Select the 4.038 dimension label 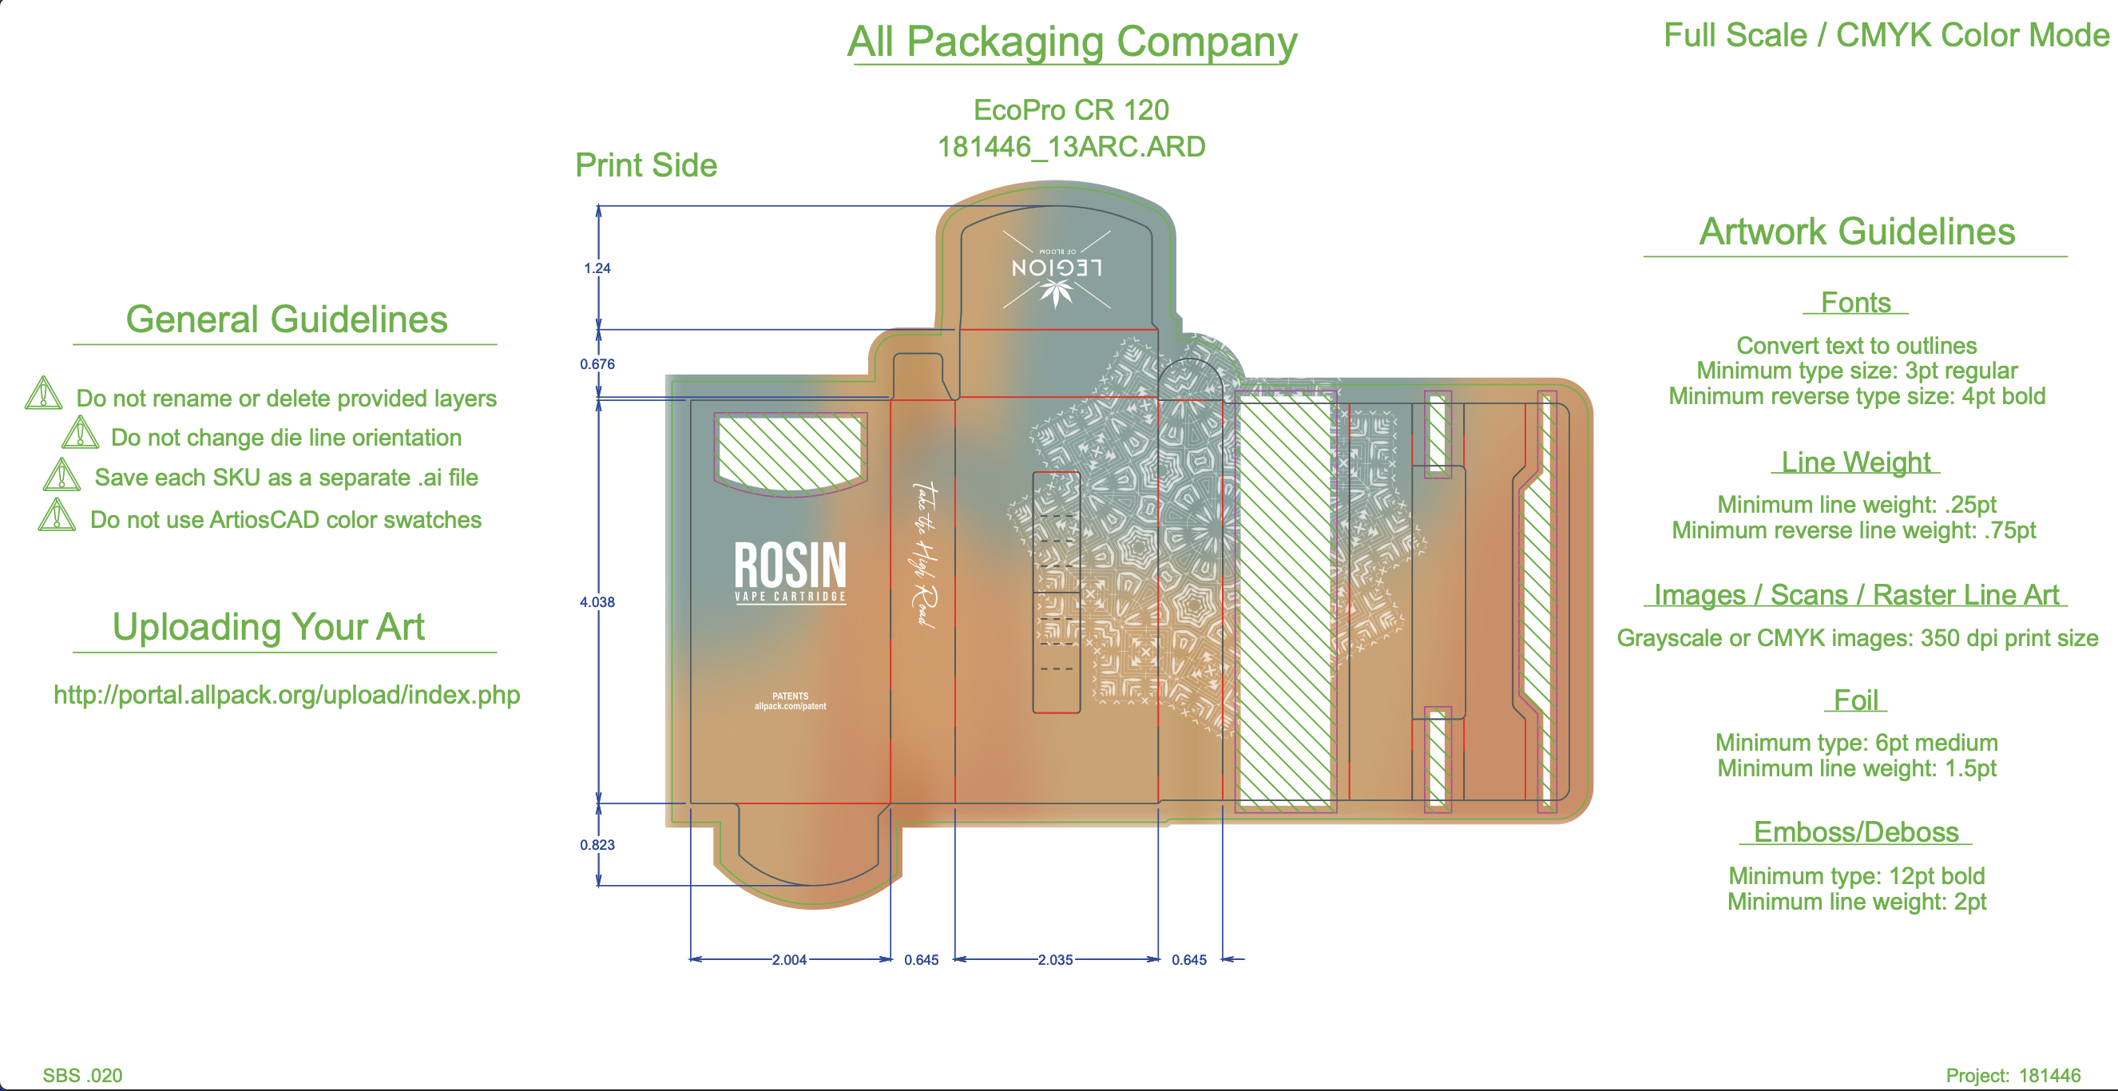click(x=597, y=602)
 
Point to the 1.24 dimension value click(x=597, y=268)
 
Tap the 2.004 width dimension click(x=788, y=959)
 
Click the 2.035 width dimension click(x=1055, y=959)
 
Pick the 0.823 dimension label click(x=597, y=844)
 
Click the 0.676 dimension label click(x=597, y=363)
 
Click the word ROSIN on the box click(x=789, y=565)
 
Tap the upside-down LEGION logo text click(x=1057, y=268)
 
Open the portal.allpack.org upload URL click(x=286, y=695)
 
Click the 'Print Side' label click(x=645, y=165)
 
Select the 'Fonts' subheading click(x=1855, y=303)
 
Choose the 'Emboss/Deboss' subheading click(x=1856, y=832)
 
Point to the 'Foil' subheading click(x=1856, y=700)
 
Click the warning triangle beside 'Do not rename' click(x=44, y=393)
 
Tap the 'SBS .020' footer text click(x=82, y=1075)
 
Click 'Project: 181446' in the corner click(x=2013, y=1075)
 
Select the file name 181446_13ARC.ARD click(x=1071, y=146)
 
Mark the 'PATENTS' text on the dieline click(x=790, y=696)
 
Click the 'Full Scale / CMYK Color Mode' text click(x=1886, y=35)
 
